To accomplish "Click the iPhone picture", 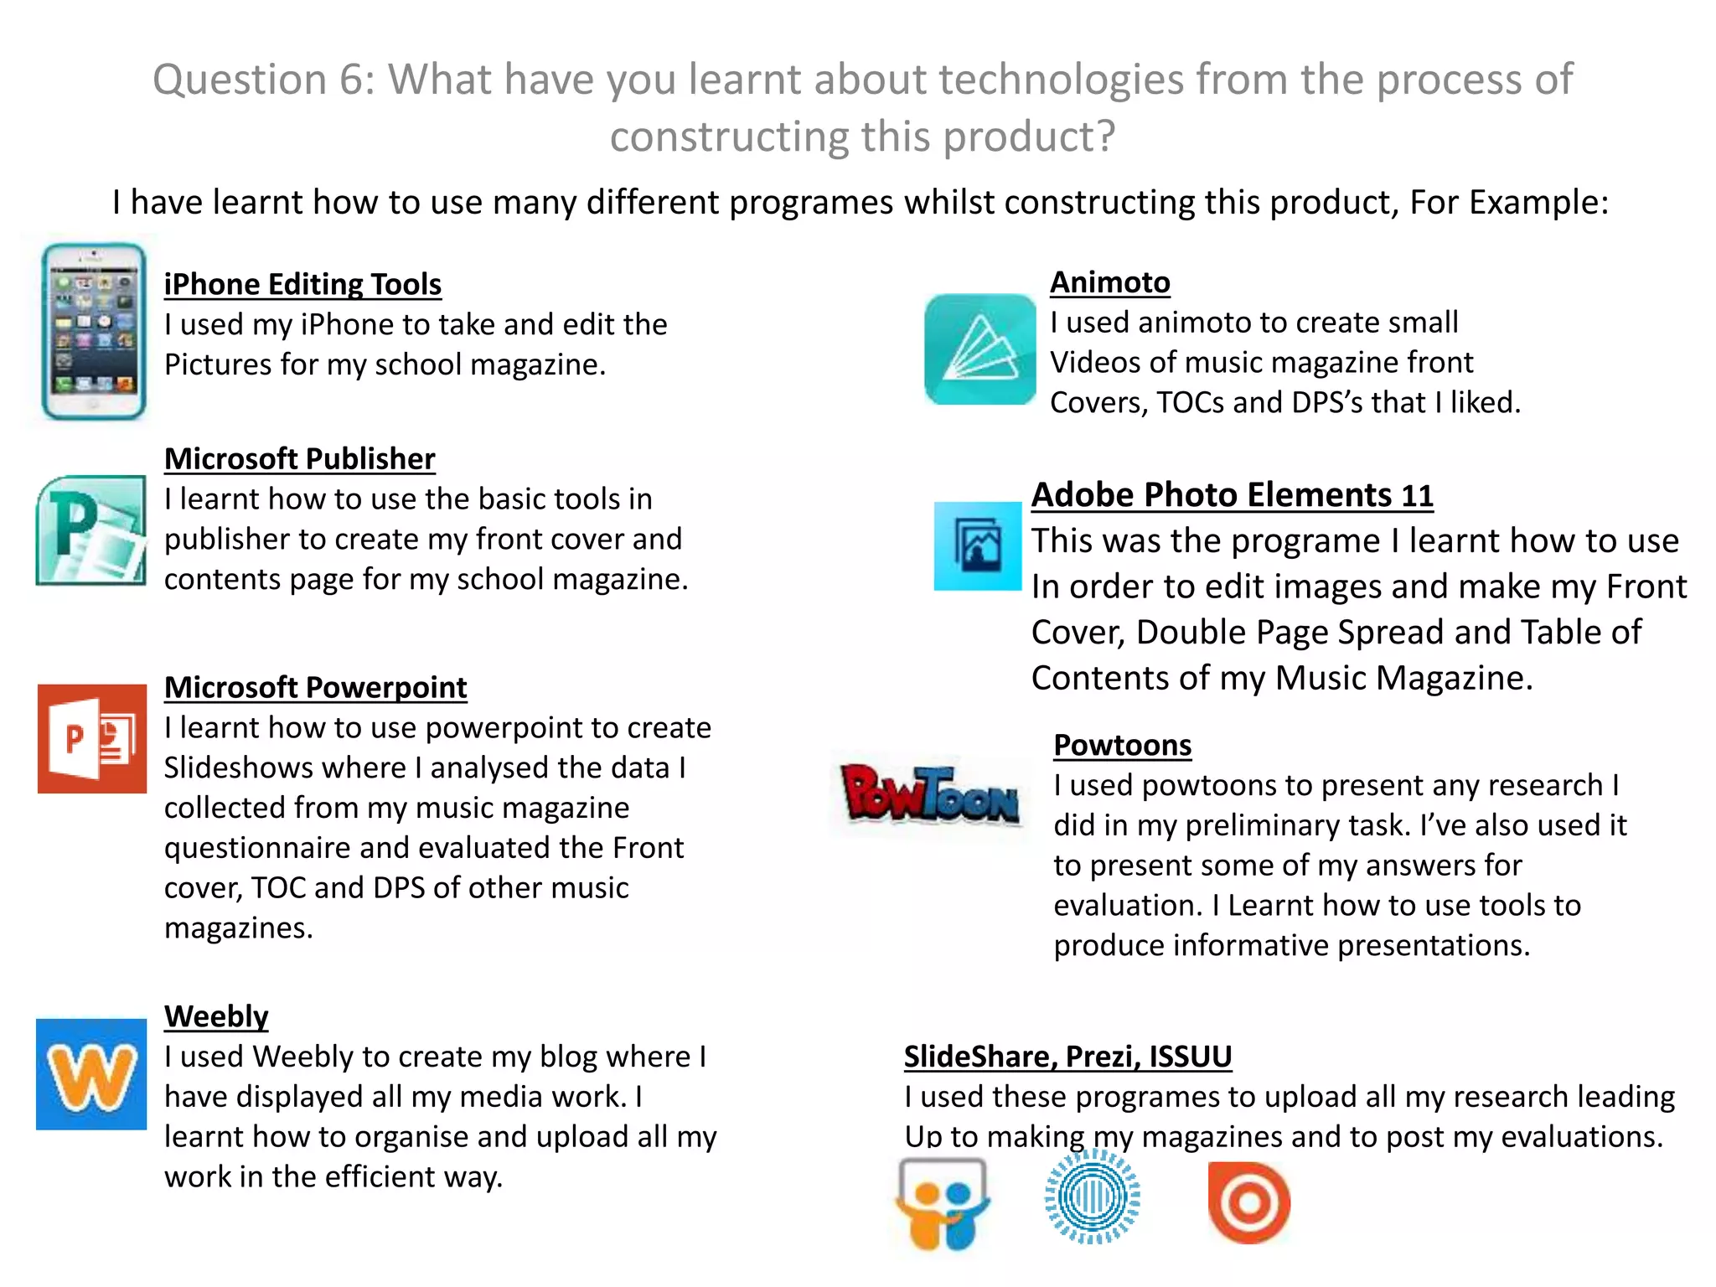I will [94, 331].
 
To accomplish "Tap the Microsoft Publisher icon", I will [91, 530].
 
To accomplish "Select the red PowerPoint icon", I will [92, 738].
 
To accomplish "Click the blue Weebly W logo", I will [91, 1074].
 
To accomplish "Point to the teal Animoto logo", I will [979, 349].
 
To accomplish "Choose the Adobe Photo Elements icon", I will [978, 546].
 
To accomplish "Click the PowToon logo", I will [930, 793].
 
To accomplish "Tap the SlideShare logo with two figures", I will [943, 1203].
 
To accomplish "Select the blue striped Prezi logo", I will [1092, 1197].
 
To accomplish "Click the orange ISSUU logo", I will [1248, 1202].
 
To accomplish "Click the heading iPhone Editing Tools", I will [302, 285].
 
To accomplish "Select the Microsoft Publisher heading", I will [299, 459].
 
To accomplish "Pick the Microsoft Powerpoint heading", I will [315, 688].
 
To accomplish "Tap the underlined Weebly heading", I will [216, 1016].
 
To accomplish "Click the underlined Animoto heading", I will [1109, 282].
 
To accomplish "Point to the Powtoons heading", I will [1122, 745].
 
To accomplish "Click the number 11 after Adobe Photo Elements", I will [1417, 496].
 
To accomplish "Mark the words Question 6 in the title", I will [263, 80].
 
